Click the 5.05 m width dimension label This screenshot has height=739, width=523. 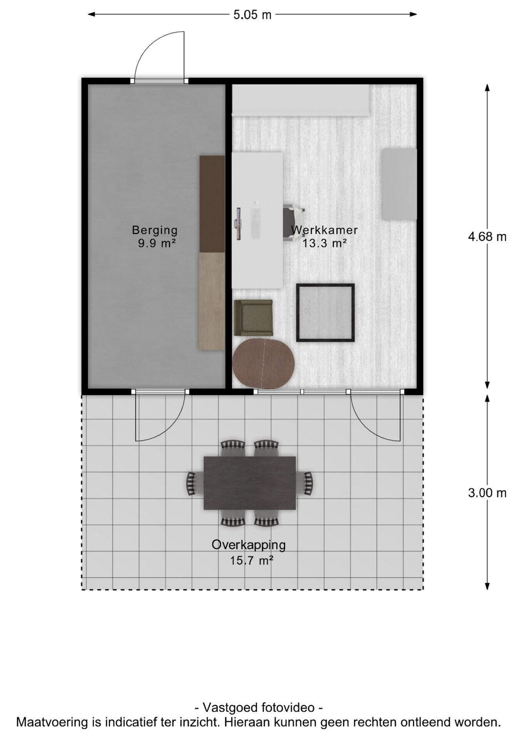click(252, 15)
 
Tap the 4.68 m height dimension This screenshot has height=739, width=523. click(487, 236)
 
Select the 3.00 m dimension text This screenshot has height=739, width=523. click(487, 493)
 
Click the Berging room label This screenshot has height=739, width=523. click(155, 230)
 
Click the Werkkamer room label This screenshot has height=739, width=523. click(324, 230)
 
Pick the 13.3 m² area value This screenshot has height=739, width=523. click(324, 243)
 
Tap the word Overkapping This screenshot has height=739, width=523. click(249, 545)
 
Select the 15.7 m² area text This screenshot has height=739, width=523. click(252, 560)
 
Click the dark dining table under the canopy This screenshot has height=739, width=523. click(250, 483)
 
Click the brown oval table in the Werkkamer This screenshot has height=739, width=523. click(263, 363)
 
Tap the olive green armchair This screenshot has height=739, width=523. click(253, 318)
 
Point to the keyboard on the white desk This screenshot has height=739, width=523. click(255, 223)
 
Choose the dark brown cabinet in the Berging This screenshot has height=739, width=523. click(212, 204)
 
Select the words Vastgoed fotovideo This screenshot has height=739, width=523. click(259, 707)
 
